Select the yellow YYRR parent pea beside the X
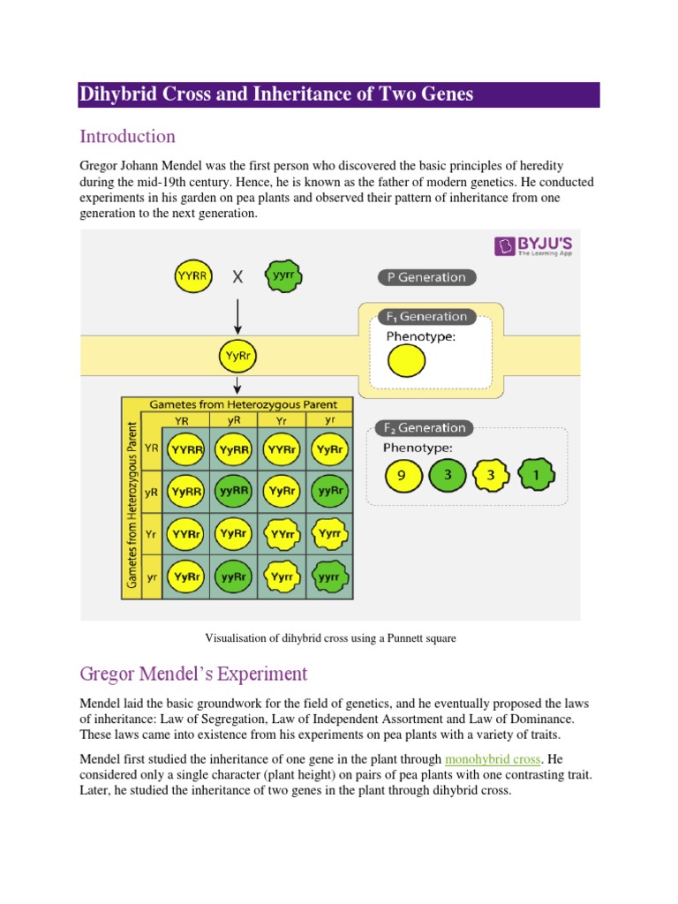tap(192, 276)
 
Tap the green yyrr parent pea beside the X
tap(283, 276)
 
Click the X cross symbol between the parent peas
tap(237, 277)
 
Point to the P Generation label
tap(427, 277)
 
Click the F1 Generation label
tap(427, 316)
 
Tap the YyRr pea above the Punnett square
tap(236, 358)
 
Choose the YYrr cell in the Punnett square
tap(282, 534)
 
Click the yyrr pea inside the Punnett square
tap(329, 576)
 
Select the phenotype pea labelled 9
tap(401, 475)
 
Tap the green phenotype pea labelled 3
tap(447, 475)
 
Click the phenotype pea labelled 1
tap(536, 475)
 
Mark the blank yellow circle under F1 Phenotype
tap(406, 360)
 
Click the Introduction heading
tap(127, 137)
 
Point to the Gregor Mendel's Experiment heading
tap(193, 674)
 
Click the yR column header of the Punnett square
tap(235, 420)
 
